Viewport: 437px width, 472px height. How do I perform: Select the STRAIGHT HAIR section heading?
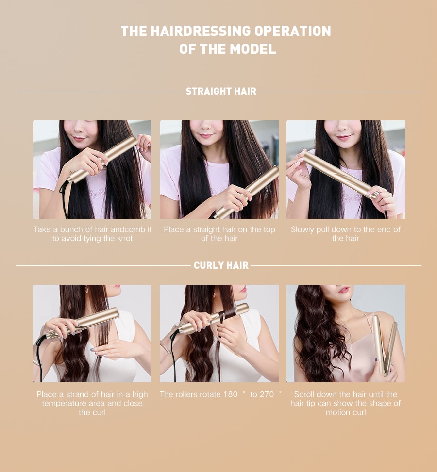point(221,91)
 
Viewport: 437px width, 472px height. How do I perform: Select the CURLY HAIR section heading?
point(221,265)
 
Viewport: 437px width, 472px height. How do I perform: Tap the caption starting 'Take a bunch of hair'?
point(92,234)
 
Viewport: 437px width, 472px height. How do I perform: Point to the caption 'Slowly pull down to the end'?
point(345,234)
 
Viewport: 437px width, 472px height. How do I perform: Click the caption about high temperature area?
point(92,403)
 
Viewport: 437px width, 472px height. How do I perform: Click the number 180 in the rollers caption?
point(230,394)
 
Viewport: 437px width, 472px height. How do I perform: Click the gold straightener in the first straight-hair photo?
point(104,158)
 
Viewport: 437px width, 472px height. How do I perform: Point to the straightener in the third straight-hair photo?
point(340,176)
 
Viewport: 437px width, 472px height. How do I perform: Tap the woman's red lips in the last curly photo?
point(343,290)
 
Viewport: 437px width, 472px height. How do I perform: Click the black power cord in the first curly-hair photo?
point(39,359)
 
